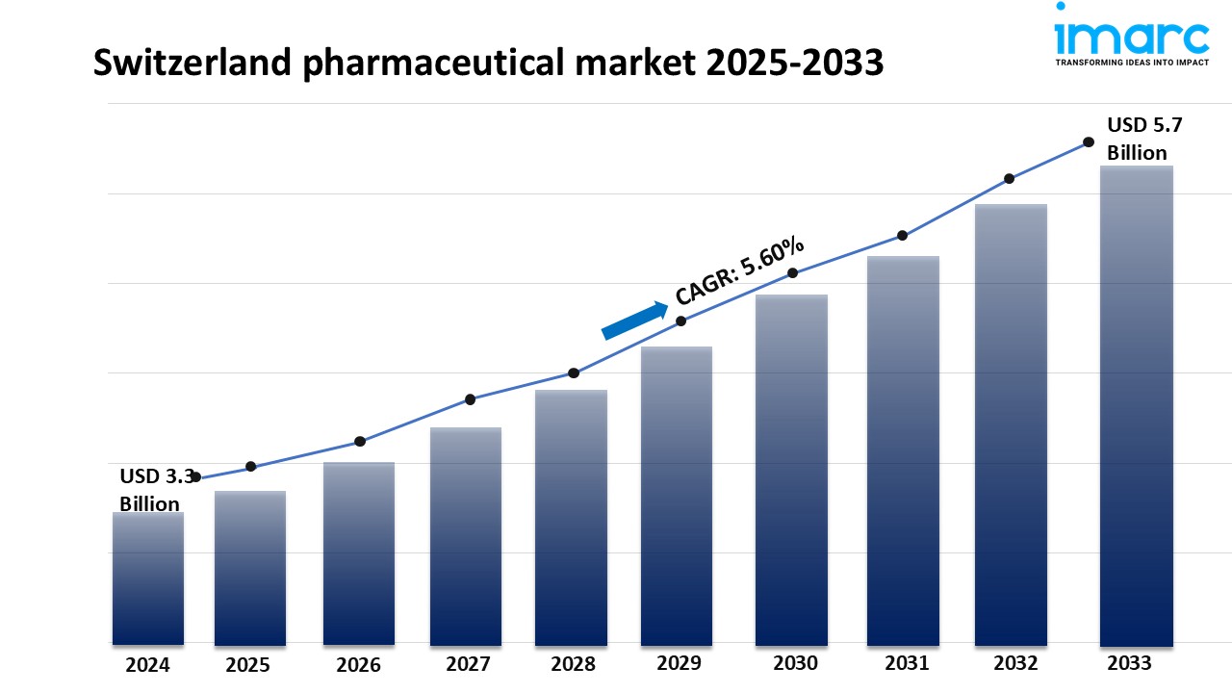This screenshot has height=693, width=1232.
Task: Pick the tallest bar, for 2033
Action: [1137, 404]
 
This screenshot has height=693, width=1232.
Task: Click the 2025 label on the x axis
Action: [248, 665]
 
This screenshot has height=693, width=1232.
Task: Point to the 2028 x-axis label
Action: [573, 664]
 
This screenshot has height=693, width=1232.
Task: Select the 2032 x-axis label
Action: [1015, 664]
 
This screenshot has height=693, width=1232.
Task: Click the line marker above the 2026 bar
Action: [360, 442]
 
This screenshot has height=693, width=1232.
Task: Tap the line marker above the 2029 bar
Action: [680, 321]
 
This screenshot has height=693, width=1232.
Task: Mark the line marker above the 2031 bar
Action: [903, 236]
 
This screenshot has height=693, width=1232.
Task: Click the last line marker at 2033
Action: [1089, 141]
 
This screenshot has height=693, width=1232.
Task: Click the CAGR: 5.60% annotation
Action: [739, 270]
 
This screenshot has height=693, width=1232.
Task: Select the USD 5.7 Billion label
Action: [1137, 139]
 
